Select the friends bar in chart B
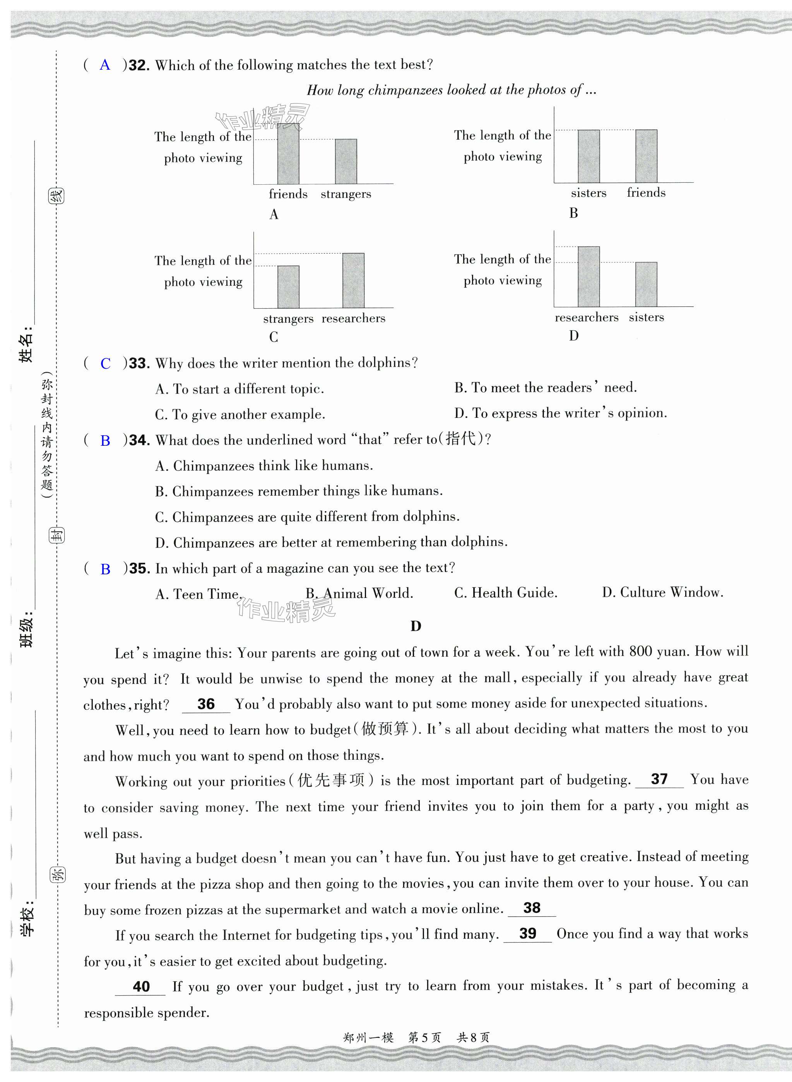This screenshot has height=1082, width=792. (x=646, y=156)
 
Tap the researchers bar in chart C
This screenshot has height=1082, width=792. (x=353, y=280)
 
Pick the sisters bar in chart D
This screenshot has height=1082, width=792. (x=646, y=284)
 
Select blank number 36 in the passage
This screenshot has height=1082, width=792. (x=206, y=704)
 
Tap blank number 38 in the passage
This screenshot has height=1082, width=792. (x=532, y=908)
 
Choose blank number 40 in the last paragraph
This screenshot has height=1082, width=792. (x=141, y=986)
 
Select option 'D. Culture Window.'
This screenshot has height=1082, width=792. (x=662, y=593)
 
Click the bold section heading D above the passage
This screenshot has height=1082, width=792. (x=416, y=626)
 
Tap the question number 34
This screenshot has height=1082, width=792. (x=139, y=440)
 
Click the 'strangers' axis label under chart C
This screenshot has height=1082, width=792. (x=288, y=319)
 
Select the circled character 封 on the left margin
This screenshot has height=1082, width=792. (x=57, y=535)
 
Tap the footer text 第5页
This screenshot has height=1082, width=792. (x=424, y=1037)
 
